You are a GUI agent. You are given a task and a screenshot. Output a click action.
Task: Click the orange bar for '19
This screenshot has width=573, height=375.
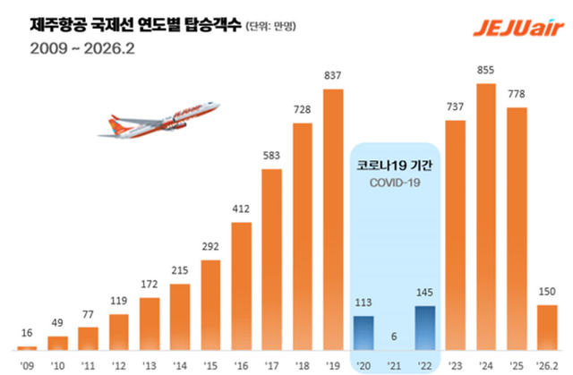tap(333, 219)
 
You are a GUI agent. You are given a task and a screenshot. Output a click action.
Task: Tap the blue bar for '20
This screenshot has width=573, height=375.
tap(364, 333)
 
